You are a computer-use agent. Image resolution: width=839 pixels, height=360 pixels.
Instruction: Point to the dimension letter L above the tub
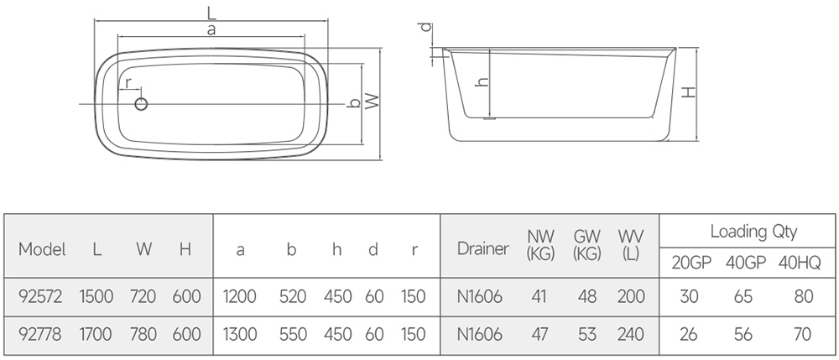[x=212, y=11]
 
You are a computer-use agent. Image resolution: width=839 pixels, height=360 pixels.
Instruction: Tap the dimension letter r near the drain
[x=128, y=83]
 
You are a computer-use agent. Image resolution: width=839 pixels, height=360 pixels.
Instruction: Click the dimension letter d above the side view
[x=425, y=27]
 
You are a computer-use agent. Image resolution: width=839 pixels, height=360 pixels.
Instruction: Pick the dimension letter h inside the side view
[x=483, y=82]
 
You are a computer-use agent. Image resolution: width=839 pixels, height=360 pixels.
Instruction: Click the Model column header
[x=42, y=249]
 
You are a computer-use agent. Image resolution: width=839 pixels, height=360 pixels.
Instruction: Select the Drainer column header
[x=482, y=248]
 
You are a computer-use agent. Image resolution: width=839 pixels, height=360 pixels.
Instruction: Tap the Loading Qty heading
[x=753, y=232]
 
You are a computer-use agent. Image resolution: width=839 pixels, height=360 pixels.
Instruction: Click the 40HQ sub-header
[x=800, y=263]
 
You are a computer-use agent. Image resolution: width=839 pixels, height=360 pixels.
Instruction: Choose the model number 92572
[x=40, y=296]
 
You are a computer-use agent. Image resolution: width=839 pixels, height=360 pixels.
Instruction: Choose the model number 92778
[x=40, y=334]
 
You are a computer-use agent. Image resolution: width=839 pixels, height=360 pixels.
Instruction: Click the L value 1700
[x=96, y=334]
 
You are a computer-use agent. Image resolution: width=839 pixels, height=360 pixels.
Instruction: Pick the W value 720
[x=143, y=296]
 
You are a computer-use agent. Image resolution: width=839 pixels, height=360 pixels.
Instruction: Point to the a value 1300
[x=240, y=334]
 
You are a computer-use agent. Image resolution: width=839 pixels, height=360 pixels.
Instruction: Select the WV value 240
[x=630, y=334]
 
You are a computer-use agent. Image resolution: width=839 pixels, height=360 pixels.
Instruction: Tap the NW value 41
[x=539, y=296]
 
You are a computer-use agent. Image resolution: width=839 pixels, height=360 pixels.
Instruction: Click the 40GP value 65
[x=743, y=296]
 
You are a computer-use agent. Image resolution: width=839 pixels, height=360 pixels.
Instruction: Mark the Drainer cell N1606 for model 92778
[x=480, y=334]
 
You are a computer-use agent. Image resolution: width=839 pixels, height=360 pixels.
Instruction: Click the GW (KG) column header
[x=587, y=245]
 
